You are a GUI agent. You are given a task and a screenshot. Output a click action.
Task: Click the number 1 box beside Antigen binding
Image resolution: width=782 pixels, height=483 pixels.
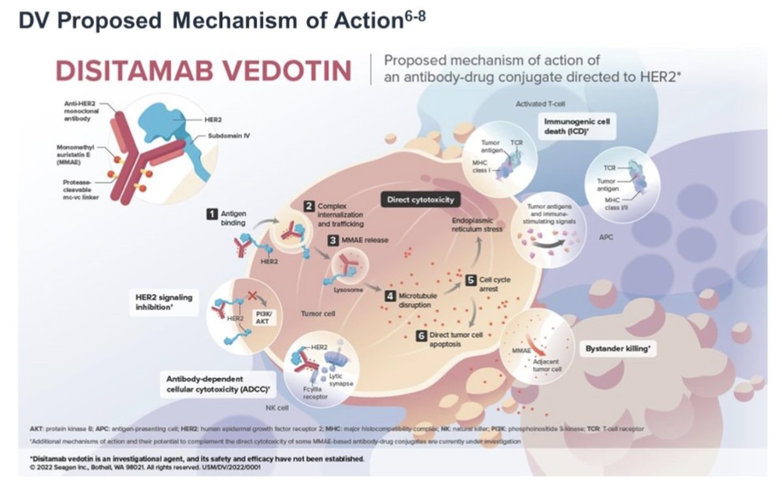tap(211, 213)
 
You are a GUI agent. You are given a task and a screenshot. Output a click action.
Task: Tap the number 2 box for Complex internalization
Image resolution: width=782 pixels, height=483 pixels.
tap(310, 206)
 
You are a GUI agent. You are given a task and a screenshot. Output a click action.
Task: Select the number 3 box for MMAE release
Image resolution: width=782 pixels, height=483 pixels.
tap(333, 240)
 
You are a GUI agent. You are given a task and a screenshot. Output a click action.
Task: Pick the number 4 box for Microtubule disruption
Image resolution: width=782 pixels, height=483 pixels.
tap(390, 296)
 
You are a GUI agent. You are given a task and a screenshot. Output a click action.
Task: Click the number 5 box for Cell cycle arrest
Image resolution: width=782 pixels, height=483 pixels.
tap(471, 279)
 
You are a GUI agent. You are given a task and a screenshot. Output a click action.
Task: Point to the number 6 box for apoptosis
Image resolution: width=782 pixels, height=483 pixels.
tap(421, 335)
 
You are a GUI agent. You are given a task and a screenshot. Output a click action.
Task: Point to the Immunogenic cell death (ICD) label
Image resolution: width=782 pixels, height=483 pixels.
tap(579, 126)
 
